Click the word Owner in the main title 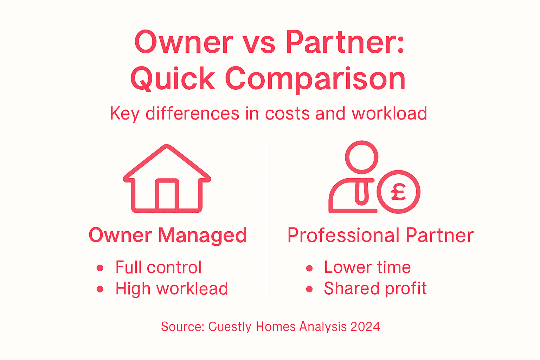(x=184, y=42)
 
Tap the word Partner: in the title (x=345, y=42)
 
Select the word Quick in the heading (x=173, y=79)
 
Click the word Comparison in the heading (x=315, y=79)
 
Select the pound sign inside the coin (x=398, y=192)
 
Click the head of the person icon (x=361, y=157)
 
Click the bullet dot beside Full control (x=100, y=268)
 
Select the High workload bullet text (x=172, y=289)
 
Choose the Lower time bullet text (x=367, y=267)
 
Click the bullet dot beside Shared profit (x=309, y=289)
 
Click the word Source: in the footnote (x=182, y=327)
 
